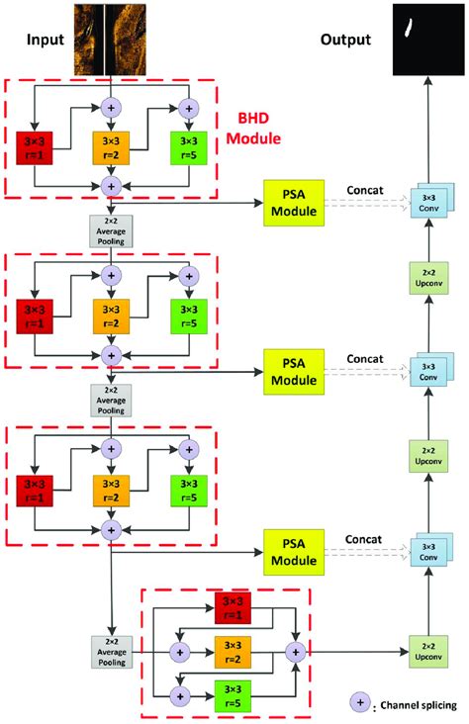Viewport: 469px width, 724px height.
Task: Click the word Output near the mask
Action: point(345,40)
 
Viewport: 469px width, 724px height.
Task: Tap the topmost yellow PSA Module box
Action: point(296,203)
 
